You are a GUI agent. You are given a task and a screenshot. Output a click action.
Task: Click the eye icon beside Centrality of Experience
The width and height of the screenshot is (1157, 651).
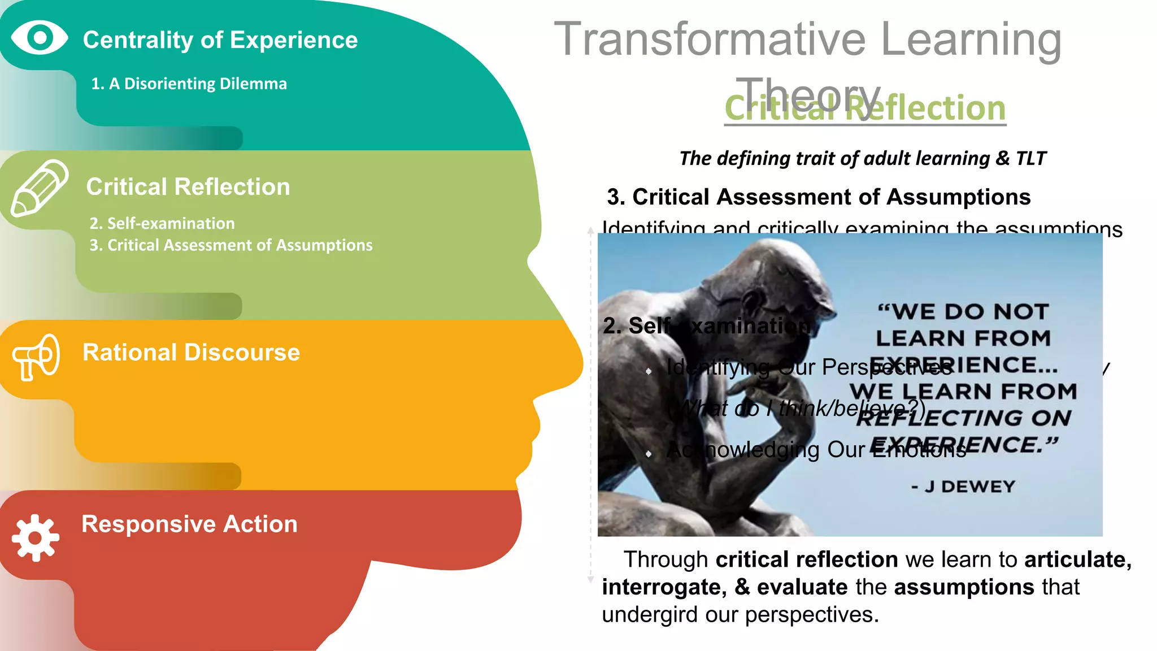click(x=40, y=38)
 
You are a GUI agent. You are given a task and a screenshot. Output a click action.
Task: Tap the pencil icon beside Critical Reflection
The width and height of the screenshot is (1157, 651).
click(x=38, y=188)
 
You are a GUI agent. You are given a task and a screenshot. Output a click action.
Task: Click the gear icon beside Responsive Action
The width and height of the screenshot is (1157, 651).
click(x=36, y=537)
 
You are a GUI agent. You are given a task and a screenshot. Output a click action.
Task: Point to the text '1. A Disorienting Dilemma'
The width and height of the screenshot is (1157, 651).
click(x=189, y=84)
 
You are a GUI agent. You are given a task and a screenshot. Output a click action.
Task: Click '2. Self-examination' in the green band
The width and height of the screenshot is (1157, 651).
click(x=162, y=223)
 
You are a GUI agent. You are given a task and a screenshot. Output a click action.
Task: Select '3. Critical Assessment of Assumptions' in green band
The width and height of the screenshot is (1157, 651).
click(x=230, y=245)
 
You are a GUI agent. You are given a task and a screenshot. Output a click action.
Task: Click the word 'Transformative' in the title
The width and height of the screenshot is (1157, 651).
click(x=710, y=39)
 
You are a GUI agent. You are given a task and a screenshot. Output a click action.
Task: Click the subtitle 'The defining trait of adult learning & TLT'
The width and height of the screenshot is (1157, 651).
click(x=862, y=158)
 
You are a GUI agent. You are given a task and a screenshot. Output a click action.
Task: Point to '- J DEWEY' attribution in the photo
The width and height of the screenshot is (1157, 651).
click(x=963, y=487)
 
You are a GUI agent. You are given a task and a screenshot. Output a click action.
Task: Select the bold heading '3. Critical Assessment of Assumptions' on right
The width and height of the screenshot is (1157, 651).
click(x=819, y=197)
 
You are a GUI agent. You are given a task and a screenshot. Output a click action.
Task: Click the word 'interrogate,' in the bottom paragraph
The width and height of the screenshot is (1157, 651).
click(x=664, y=587)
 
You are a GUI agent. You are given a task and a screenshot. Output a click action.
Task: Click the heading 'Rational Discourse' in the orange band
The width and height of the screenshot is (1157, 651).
click(x=191, y=353)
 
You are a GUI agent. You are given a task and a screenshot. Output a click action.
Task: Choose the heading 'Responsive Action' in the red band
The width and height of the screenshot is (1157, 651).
click(x=189, y=524)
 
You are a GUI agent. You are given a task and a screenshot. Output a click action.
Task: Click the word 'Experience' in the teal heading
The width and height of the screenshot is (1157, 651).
click(x=294, y=40)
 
